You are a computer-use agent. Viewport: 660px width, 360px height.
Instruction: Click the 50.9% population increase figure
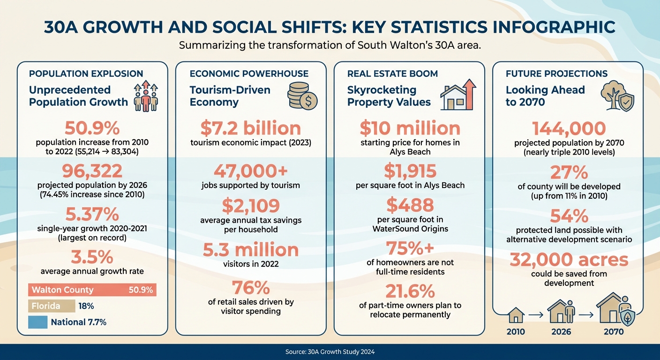92,128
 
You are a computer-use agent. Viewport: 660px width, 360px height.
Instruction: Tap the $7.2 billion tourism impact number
250,128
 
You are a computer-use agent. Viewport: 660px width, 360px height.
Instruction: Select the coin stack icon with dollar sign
302,96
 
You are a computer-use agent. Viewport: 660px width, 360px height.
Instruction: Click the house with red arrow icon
458,95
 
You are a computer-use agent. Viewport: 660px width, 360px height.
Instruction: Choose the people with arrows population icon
145,96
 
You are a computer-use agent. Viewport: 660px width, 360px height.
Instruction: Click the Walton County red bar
92,290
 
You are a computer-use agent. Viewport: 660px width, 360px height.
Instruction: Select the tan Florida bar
52,306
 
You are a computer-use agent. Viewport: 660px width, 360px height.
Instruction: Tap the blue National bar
37,322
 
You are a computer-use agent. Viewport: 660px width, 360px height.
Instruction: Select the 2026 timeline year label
561,331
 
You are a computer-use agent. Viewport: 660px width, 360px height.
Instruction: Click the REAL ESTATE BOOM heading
392,74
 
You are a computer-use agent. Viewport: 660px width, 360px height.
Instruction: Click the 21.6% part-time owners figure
410,292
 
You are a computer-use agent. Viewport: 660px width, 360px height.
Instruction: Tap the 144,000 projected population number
569,128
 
